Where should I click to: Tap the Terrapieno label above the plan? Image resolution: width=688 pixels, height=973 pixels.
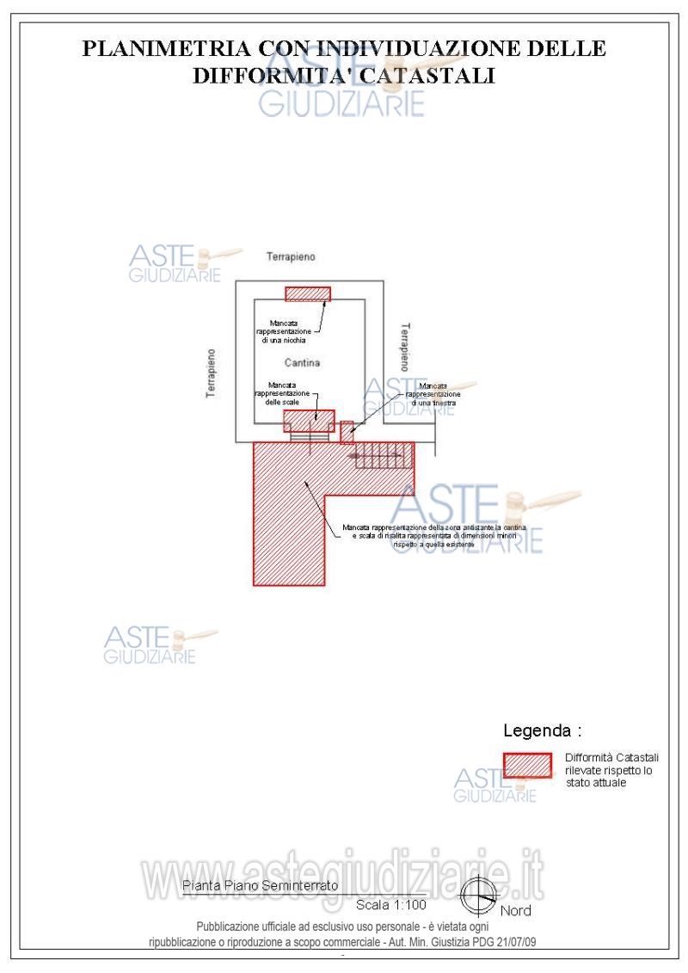click(291, 257)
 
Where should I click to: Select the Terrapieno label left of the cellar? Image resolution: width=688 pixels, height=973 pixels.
click(212, 372)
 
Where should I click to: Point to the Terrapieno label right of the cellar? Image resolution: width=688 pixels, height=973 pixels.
click(404, 348)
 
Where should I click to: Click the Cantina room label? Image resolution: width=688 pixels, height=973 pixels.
click(302, 363)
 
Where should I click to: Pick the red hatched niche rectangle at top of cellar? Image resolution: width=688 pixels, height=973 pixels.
click(308, 294)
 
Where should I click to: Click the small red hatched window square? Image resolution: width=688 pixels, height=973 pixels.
click(347, 431)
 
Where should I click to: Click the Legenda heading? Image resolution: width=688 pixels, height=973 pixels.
click(542, 731)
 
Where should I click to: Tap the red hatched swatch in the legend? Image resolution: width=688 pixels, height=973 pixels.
click(527, 765)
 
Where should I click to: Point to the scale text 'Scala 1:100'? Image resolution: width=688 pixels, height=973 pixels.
click(390, 904)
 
